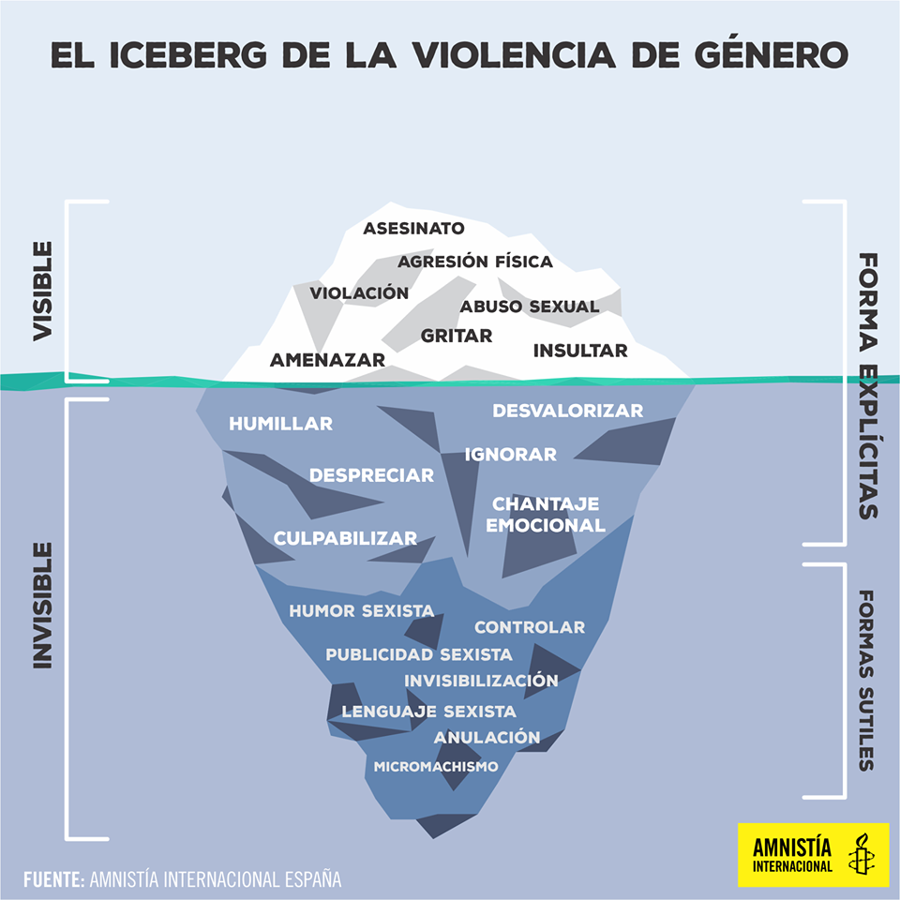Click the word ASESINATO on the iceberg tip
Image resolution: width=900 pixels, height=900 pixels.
pyautogui.click(x=413, y=229)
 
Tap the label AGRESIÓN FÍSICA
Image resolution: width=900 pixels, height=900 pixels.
pyautogui.click(x=475, y=262)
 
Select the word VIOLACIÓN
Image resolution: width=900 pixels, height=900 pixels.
pyautogui.click(x=359, y=292)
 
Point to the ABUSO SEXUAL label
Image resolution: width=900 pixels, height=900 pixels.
pyautogui.click(x=529, y=307)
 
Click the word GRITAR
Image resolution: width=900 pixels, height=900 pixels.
pyautogui.click(x=457, y=336)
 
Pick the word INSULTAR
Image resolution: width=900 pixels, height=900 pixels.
pyautogui.click(x=580, y=351)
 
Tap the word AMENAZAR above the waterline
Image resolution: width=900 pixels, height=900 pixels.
pyautogui.click(x=327, y=360)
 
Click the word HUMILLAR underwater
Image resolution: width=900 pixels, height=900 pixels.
pyautogui.click(x=280, y=424)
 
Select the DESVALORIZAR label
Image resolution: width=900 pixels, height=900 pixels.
pyautogui.click(x=568, y=411)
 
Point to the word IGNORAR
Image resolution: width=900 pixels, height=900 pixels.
pyautogui.click(x=511, y=455)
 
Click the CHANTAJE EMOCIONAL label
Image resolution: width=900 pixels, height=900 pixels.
pyautogui.click(x=546, y=515)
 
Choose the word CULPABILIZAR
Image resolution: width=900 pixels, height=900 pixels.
pyautogui.click(x=345, y=538)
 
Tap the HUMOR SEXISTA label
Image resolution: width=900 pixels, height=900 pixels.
pyautogui.click(x=362, y=610)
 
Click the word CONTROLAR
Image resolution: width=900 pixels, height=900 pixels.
pyautogui.click(x=530, y=627)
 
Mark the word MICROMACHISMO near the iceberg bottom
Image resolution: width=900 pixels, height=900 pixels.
pyautogui.click(x=436, y=766)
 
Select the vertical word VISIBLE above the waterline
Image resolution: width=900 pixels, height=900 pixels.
pyautogui.click(x=42, y=291)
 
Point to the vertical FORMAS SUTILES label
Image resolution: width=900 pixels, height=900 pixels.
pyautogui.click(x=866, y=681)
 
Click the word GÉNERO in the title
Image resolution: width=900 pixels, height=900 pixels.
pyautogui.click(x=771, y=54)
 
